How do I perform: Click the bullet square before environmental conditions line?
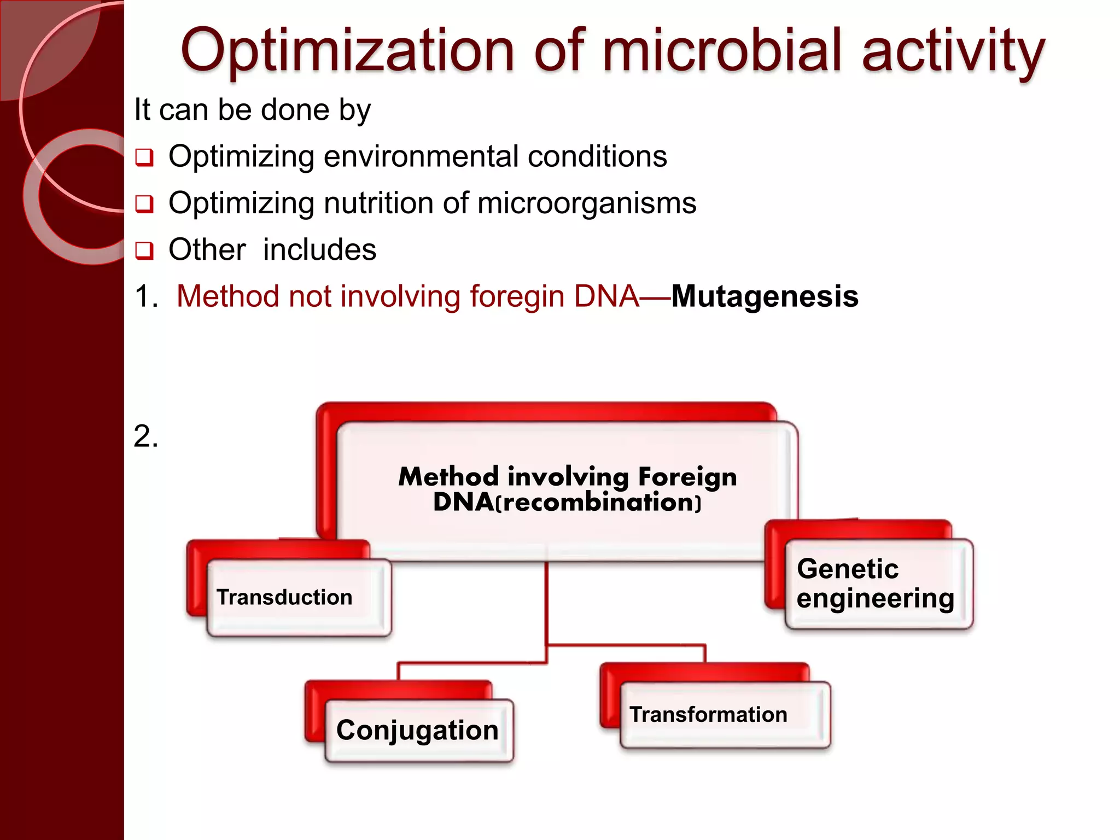click(x=144, y=158)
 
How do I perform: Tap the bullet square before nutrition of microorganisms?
click(x=144, y=205)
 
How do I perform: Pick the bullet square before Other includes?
click(x=144, y=251)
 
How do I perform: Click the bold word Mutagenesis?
click(x=765, y=296)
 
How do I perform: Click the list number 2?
click(x=145, y=436)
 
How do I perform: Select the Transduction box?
click(x=299, y=597)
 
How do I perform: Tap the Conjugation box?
click(x=418, y=730)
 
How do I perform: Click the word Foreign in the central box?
click(x=687, y=477)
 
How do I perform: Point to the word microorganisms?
click(x=586, y=203)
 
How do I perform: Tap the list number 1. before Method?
click(x=145, y=296)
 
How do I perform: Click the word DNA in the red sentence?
click(x=606, y=296)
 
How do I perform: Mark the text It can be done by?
click(x=252, y=110)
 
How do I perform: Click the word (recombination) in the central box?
click(x=598, y=503)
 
